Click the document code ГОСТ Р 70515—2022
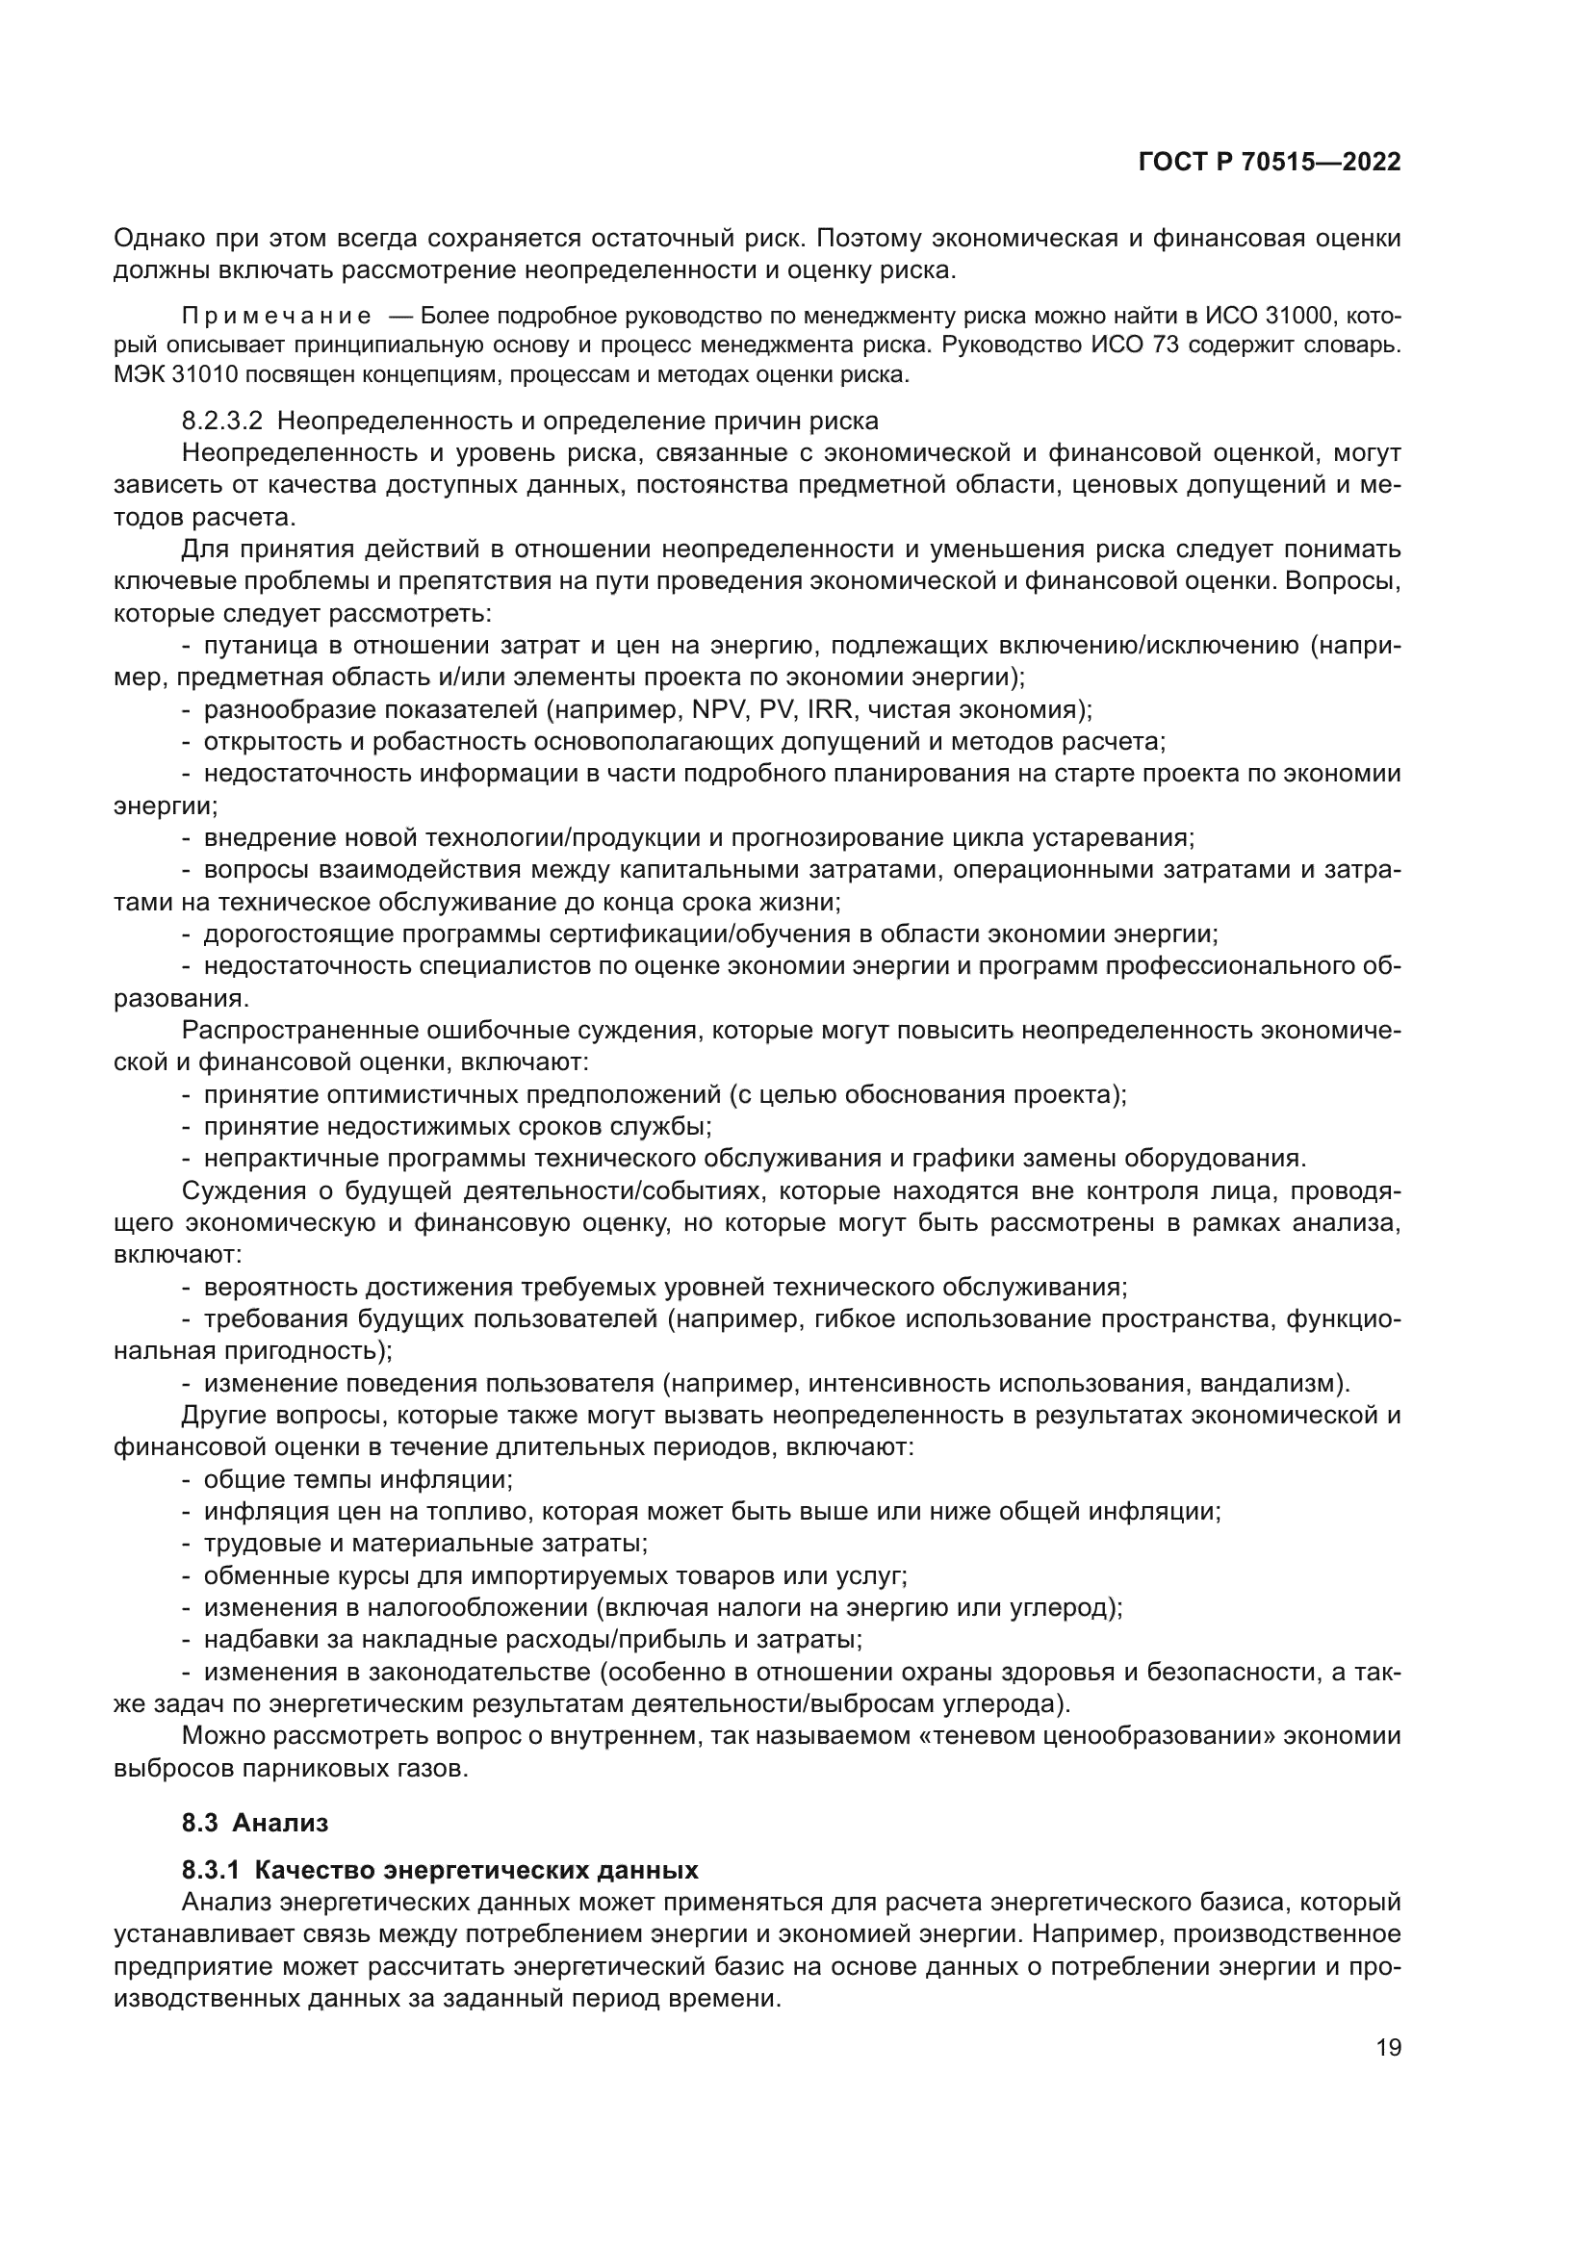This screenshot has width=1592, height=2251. click(1270, 163)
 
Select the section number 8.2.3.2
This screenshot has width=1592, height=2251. click(222, 422)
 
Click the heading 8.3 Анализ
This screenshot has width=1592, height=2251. click(255, 1823)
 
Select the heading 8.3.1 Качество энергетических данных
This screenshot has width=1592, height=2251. click(440, 1870)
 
